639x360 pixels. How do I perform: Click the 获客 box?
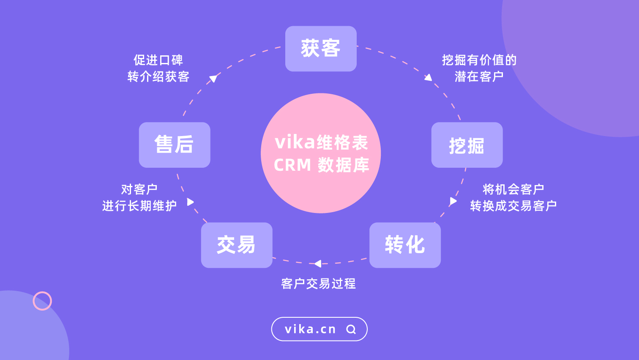[x=321, y=49]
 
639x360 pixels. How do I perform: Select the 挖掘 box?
[x=467, y=145]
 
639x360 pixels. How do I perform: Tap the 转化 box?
[x=405, y=245]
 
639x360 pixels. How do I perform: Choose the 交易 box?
[x=237, y=245]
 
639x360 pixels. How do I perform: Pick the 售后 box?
[x=175, y=145]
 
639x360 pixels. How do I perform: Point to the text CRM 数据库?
[x=321, y=165]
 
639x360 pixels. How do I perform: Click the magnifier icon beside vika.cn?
[x=351, y=329]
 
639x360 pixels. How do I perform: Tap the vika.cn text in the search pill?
[x=310, y=329]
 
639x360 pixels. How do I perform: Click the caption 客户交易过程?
[x=318, y=284]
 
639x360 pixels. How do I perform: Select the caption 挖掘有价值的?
[x=479, y=60]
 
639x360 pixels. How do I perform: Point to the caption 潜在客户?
[x=479, y=76]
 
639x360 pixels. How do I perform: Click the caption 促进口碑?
[x=158, y=60]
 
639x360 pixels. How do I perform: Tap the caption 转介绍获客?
[x=158, y=76]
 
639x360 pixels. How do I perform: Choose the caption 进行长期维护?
[x=139, y=206]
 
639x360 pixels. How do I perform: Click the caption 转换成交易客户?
[x=513, y=206]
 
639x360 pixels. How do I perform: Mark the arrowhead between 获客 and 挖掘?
[x=429, y=77]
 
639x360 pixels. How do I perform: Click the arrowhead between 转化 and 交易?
[x=318, y=264]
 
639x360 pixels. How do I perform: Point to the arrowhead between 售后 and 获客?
[x=213, y=78]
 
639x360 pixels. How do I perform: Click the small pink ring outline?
[x=42, y=301]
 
